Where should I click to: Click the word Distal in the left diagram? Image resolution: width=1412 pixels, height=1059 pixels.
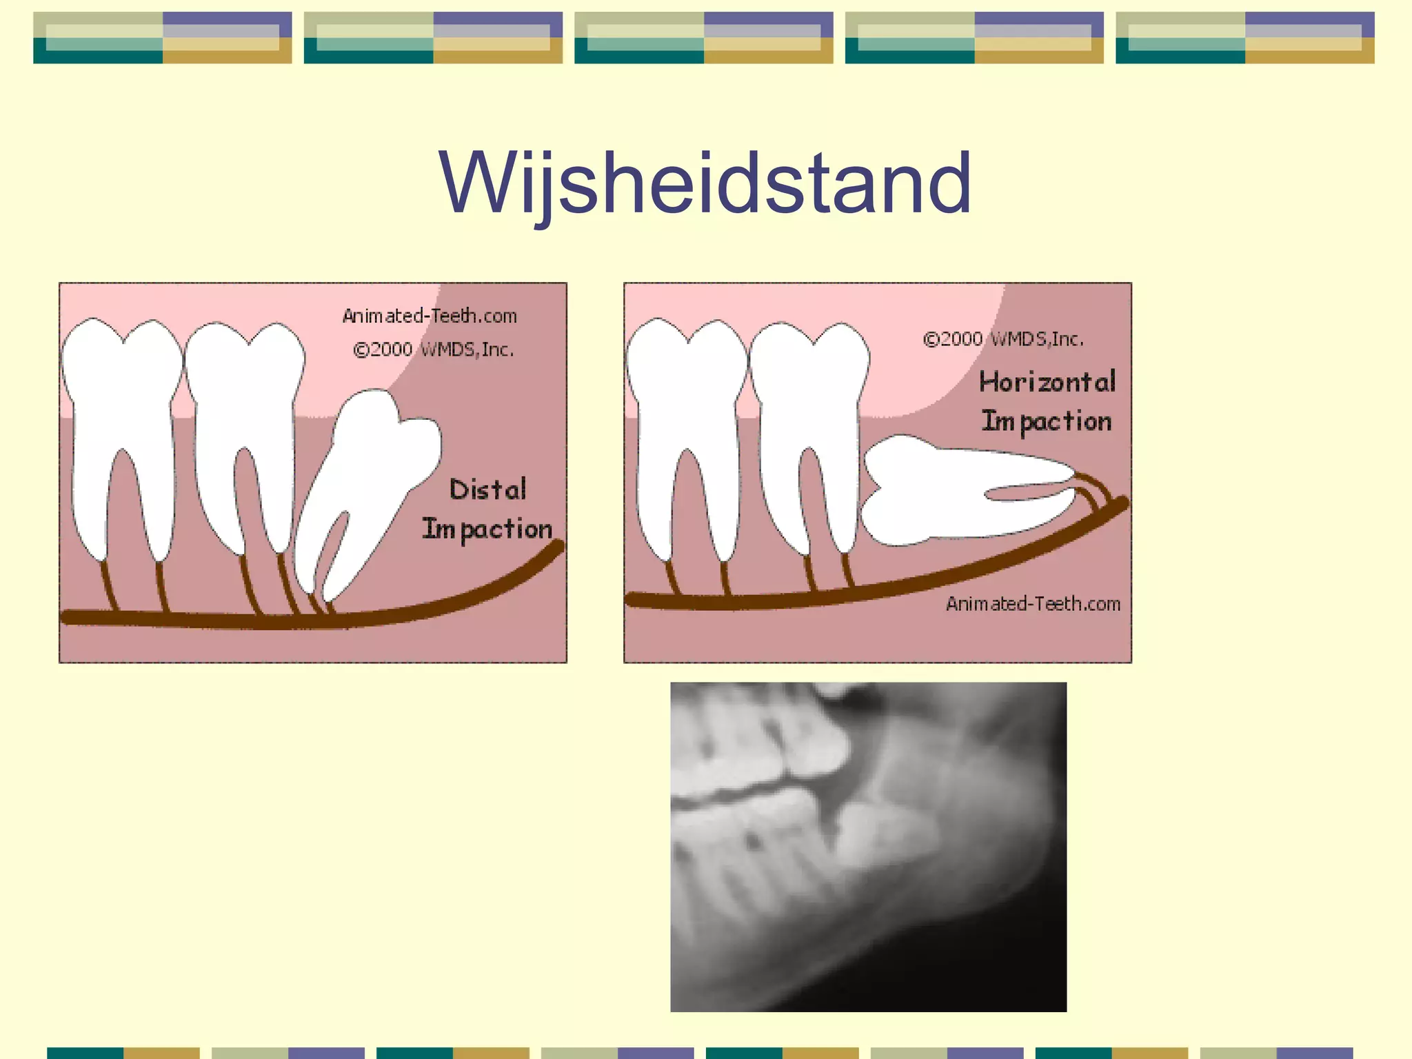coord(487,490)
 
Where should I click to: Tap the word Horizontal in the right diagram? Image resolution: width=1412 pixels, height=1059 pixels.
coord(1047,382)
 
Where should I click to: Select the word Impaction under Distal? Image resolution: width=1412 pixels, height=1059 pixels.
coord(487,529)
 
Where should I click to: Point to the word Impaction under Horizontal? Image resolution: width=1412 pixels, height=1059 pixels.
coord(1047,421)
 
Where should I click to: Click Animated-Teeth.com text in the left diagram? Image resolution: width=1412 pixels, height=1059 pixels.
coord(430,316)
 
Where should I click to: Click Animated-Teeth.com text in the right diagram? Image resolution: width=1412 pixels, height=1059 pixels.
coord(1033,604)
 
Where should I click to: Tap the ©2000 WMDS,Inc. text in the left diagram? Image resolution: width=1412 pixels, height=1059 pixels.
coord(433,350)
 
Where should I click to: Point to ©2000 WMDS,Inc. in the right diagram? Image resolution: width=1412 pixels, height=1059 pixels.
coord(1003,339)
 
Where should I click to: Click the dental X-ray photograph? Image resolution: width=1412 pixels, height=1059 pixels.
coord(868,847)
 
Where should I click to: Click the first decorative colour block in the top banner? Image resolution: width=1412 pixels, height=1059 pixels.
coord(163,38)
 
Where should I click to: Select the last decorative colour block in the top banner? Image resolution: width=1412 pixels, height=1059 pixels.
coord(1244,38)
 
